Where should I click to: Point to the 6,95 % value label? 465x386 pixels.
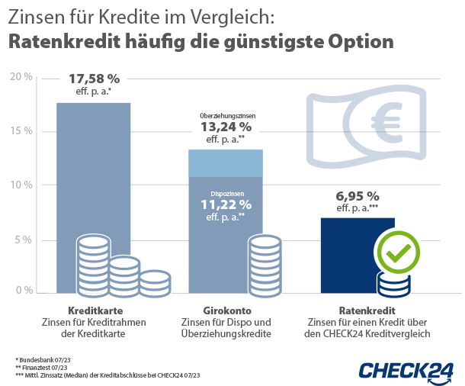pos(357,195)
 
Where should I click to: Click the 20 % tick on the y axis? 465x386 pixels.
pos(21,76)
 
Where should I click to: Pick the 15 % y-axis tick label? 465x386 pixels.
pos(21,131)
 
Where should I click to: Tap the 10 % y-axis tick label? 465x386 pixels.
pos(21,185)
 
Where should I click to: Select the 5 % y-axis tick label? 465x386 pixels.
pos(23,240)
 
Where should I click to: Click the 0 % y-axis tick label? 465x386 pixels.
pos(23,291)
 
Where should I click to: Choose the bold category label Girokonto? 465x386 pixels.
pos(226,311)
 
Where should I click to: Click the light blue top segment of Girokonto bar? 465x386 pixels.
pos(226,162)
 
